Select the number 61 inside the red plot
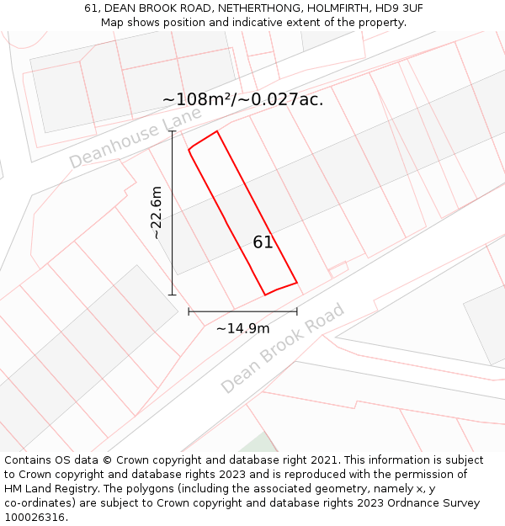pos(263,242)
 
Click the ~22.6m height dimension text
pos(157,213)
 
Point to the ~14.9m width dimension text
pos(242,329)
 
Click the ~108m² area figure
pos(197,99)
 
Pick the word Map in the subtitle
pos(113,22)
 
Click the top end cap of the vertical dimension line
pos(173,130)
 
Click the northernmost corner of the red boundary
pos(217,131)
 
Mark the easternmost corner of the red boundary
pos(296,282)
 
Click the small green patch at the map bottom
pos(262,444)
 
